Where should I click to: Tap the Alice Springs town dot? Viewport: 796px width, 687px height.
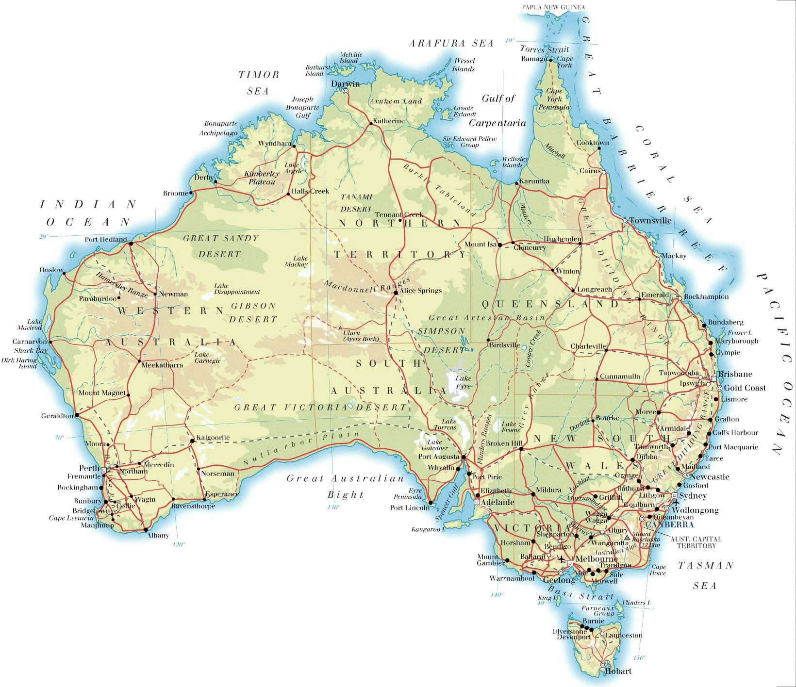click(396, 293)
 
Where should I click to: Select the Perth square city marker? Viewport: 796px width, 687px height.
click(103, 470)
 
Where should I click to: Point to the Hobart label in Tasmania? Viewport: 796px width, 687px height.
click(618, 671)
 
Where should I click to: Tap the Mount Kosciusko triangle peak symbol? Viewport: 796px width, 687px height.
click(627, 538)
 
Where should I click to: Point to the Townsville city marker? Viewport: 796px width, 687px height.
click(625, 221)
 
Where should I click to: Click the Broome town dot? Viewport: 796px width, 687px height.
click(191, 193)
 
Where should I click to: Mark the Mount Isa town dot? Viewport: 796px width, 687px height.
click(500, 245)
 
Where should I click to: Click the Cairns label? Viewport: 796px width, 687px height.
click(590, 171)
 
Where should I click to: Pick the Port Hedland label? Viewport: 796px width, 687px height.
click(106, 239)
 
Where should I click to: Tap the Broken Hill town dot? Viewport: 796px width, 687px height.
click(521, 449)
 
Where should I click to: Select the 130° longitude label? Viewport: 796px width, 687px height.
click(333, 507)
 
